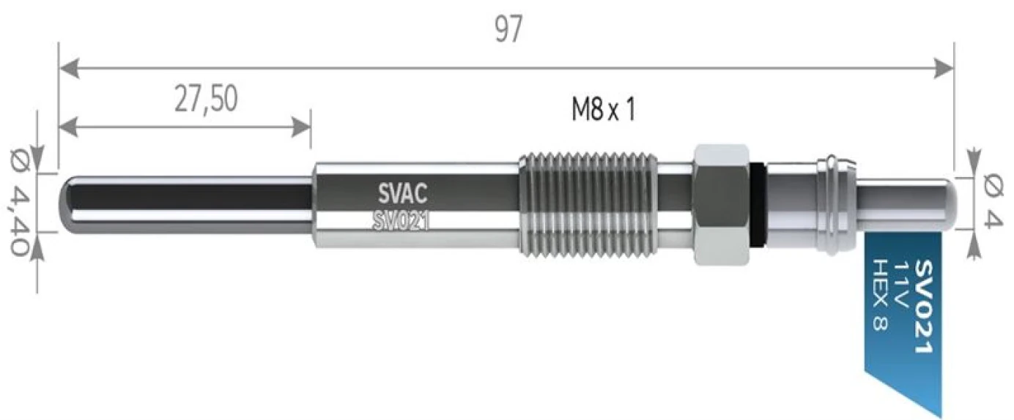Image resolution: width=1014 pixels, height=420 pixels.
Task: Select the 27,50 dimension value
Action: click(x=206, y=100)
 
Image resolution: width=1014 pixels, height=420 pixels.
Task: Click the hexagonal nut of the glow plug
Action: click(x=721, y=204)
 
